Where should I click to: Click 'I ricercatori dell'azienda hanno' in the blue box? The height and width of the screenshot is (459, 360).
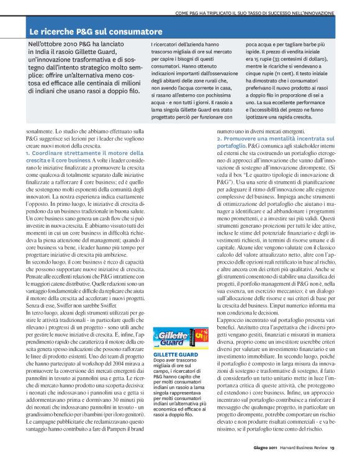[x=182, y=45]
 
